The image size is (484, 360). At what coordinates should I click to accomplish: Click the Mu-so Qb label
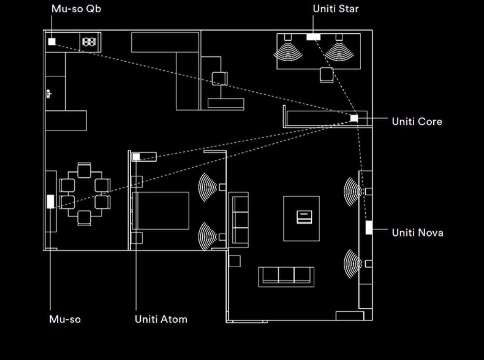pyautogui.click(x=76, y=9)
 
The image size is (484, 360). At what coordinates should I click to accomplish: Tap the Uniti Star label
pyautogui.click(x=336, y=9)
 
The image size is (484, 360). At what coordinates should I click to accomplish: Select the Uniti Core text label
pyautogui.click(x=417, y=122)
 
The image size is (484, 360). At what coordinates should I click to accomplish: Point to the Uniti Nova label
pyautogui.click(x=418, y=233)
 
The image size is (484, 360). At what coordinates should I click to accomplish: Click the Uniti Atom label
pyautogui.click(x=161, y=319)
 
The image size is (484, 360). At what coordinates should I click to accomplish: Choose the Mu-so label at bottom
pyautogui.click(x=65, y=319)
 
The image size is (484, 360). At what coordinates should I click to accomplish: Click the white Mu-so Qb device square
pyautogui.click(x=52, y=42)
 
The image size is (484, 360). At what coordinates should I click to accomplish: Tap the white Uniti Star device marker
pyautogui.click(x=314, y=37)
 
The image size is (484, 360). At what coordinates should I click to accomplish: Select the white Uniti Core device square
pyautogui.click(x=354, y=118)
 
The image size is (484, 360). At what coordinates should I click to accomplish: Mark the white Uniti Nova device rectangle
pyautogui.click(x=369, y=227)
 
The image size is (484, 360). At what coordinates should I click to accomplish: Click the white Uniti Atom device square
pyautogui.click(x=136, y=157)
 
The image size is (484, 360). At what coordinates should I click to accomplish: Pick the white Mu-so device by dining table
pyautogui.click(x=50, y=201)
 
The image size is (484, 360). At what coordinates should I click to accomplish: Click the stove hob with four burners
pyautogui.click(x=89, y=42)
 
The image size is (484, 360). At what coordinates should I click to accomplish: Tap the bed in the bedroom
pyautogui.click(x=160, y=211)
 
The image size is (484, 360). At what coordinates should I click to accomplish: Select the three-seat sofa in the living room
pyautogui.click(x=286, y=277)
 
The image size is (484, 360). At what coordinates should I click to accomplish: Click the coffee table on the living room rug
pyautogui.click(x=304, y=217)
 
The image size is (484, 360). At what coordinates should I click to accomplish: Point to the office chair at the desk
pyautogui.click(x=220, y=79)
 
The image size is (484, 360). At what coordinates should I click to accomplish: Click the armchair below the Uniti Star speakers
pyautogui.click(x=327, y=75)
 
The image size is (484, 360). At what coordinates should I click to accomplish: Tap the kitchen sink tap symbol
pyautogui.click(x=49, y=94)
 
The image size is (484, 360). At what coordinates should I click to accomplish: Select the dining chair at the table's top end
pyautogui.click(x=84, y=170)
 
